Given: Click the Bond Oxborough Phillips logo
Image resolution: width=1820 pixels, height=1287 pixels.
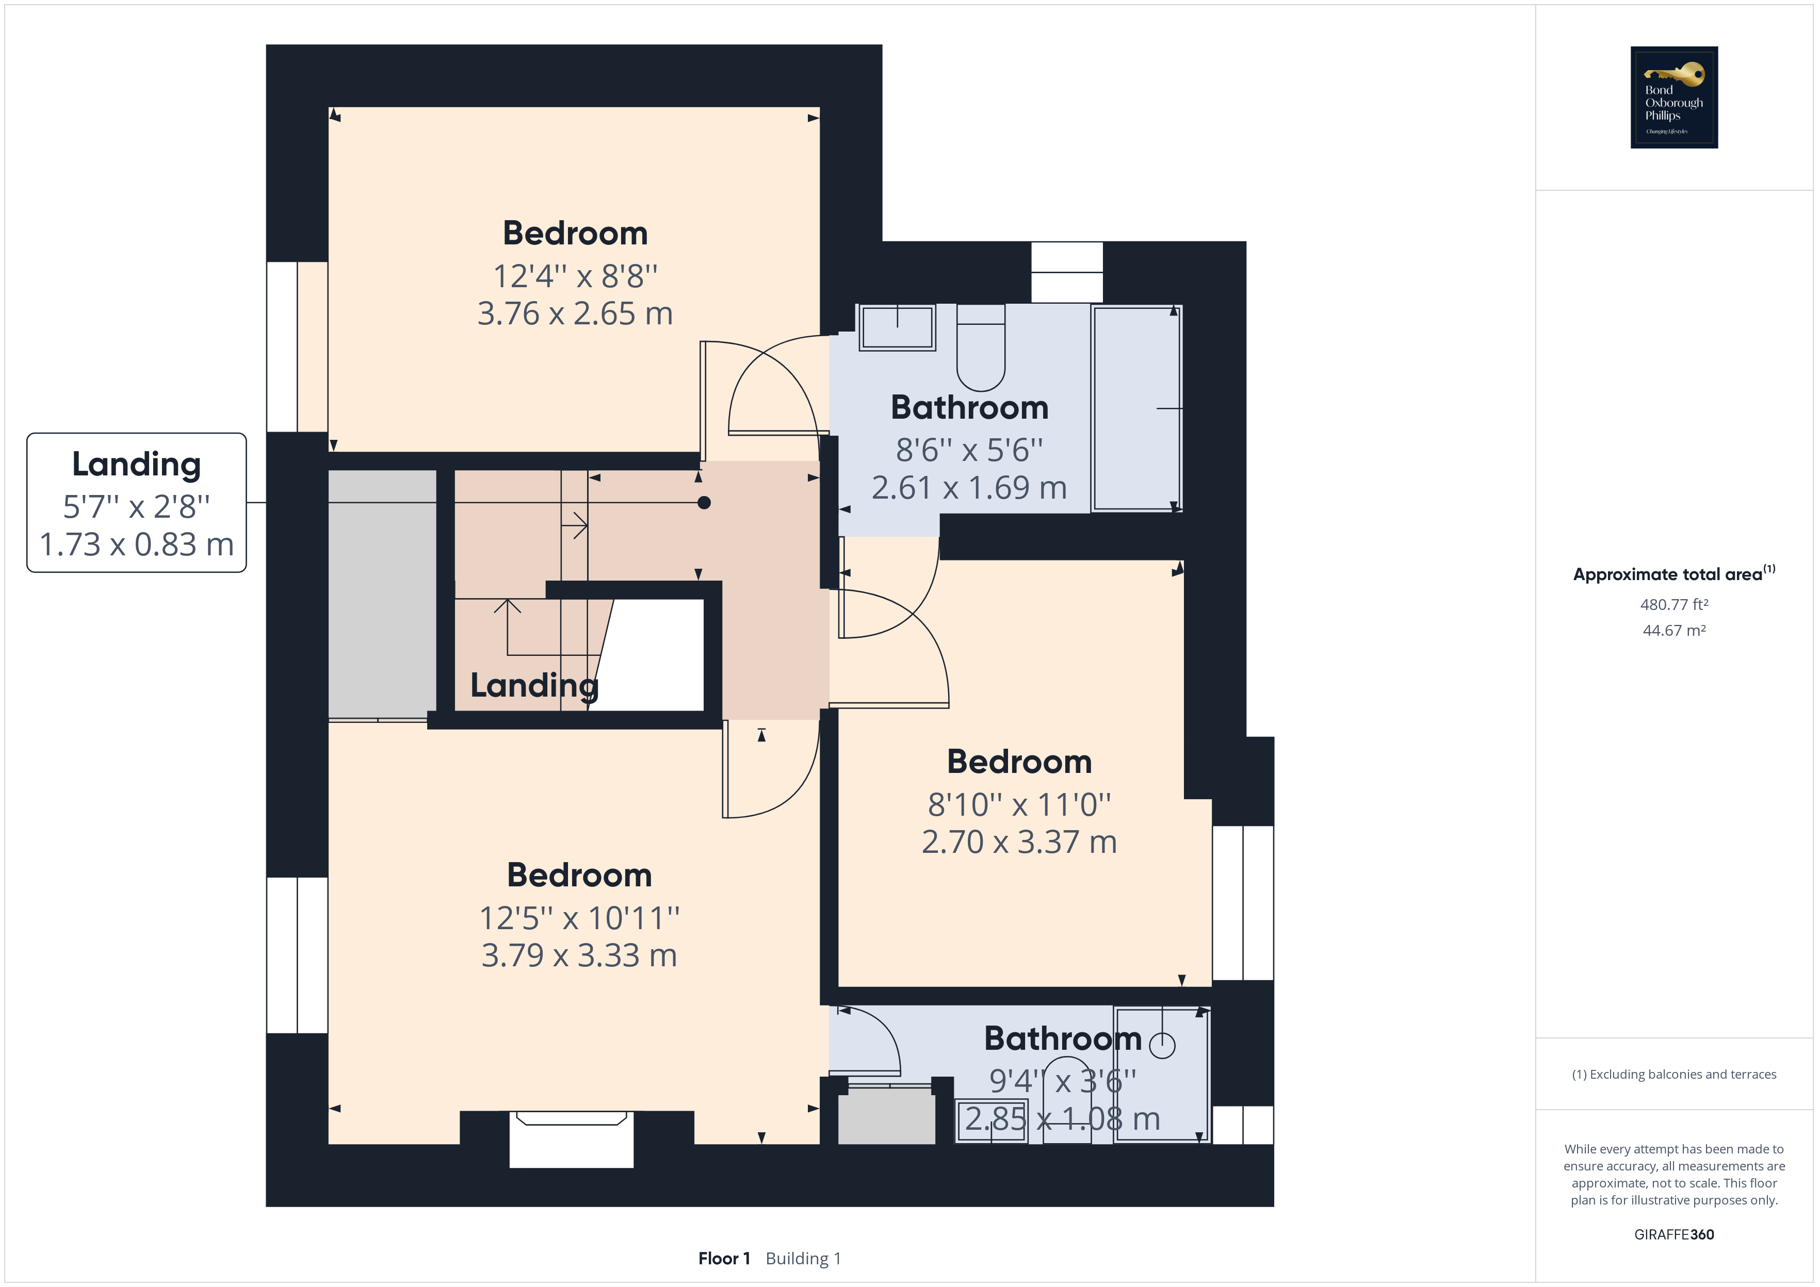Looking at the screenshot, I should click(1673, 97).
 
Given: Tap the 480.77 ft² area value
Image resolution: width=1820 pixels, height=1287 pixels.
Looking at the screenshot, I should click(1673, 605).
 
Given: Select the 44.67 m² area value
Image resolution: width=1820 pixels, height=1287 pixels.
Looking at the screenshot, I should click(1673, 631).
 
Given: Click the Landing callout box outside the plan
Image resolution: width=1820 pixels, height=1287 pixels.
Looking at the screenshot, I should click(136, 502).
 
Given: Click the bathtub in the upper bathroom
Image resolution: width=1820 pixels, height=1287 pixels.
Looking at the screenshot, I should click(1136, 408).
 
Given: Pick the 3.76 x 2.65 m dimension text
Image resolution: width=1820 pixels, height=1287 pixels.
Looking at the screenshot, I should click(575, 314).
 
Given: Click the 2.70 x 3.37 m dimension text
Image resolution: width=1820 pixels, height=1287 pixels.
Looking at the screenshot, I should click(1019, 841).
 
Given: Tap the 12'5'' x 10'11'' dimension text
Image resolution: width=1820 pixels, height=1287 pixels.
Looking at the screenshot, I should click(579, 918).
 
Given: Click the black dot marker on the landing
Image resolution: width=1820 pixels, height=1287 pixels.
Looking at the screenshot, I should click(704, 502).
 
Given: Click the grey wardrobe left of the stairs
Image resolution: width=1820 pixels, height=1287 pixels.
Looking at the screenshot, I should click(382, 595).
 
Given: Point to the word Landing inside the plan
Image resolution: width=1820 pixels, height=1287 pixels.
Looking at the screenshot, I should click(534, 685).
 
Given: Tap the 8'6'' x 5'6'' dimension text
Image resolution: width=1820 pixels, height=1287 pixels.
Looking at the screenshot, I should click(969, 450).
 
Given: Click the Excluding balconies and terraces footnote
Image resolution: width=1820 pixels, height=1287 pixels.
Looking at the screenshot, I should click(1673, 1075).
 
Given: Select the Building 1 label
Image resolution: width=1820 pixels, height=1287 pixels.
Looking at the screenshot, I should click(803, 1259).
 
